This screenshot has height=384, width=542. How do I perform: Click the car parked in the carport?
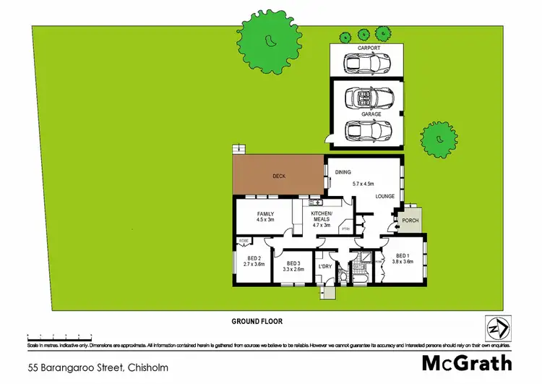click(x=366, y=64)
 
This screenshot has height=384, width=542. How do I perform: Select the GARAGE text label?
click(x=366, y=114)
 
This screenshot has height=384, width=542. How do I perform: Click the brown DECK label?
click(x=280, y=176)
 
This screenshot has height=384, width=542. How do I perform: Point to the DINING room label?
click(x=343, y=171)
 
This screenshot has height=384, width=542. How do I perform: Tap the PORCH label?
click(x=410, y=221)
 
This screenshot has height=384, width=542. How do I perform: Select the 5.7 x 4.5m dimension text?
click(x=366, y=184)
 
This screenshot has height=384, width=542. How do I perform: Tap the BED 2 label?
click(x=253, y=258)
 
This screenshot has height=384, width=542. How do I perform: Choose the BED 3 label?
click(x=293, y=263)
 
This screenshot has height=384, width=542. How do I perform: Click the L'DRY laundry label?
click(x=324, y=266)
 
